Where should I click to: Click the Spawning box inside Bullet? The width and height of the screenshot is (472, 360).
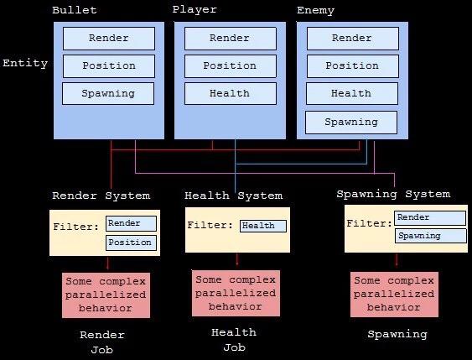[108, 94]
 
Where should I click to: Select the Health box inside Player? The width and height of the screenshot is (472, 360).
[231, 94]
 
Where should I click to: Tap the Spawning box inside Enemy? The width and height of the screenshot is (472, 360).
[351, 123]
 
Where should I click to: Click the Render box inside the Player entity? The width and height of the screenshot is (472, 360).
[231, 39]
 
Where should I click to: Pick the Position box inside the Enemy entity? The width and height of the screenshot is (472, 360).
[353, 66]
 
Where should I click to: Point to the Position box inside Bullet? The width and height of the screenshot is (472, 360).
[109, 66]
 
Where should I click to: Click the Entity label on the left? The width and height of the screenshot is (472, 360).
[25, 64]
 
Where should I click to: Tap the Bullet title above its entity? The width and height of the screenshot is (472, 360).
[75, 10]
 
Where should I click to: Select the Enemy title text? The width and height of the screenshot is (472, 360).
[315, 11]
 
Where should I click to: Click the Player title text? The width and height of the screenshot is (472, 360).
[195, 9]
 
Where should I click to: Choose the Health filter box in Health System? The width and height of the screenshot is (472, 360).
[263, 226]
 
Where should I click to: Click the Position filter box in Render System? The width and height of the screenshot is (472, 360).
[131, 243]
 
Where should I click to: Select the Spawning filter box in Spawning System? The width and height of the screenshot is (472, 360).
[431, 236]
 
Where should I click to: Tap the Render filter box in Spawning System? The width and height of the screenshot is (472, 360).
[430, 218]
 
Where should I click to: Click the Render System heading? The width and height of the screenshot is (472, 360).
[101, 196]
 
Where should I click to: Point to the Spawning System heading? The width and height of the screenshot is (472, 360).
[393, 195]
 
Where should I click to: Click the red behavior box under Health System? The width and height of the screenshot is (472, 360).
[236, 293]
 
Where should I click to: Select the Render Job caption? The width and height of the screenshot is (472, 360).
[102, 342]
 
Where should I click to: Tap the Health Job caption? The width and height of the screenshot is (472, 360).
[234, 340]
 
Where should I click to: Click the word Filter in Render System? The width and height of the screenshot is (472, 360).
[75, 227]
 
